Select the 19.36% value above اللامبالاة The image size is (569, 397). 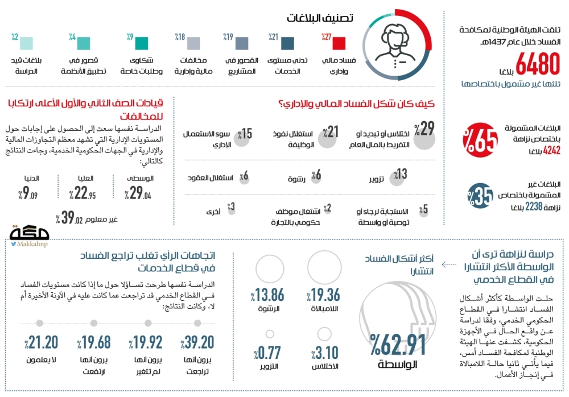click(323, 295)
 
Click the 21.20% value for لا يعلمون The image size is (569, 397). click(41, 342)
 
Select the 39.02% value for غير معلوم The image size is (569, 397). click(72, 218)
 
